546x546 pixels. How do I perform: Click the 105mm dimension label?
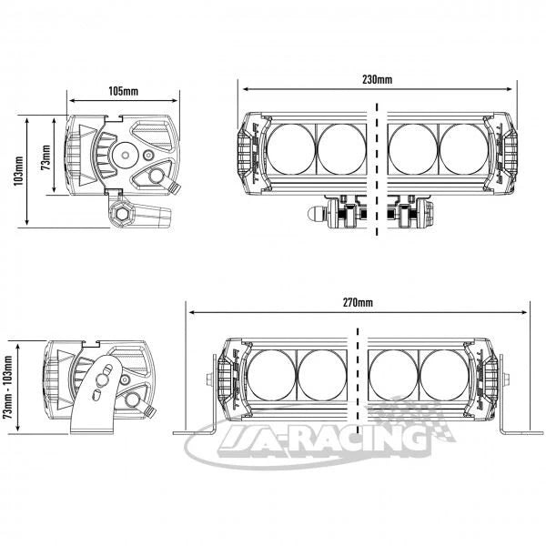tap(123, 91)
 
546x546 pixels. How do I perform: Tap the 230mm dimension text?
tap(377, 80)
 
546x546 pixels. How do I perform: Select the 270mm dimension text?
tap(358, 303)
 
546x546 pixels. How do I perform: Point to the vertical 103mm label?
tap(19, 171)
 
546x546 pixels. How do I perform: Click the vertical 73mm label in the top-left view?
tap(45, 157)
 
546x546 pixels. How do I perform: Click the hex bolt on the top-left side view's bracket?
tap(122, 214)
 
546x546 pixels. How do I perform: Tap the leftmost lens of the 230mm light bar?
tap(291, 149)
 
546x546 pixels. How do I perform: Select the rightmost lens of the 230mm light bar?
tap(464, 149)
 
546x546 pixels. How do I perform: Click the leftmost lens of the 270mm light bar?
tap(271, 375)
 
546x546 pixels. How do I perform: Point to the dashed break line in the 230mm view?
tap(377, 169)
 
